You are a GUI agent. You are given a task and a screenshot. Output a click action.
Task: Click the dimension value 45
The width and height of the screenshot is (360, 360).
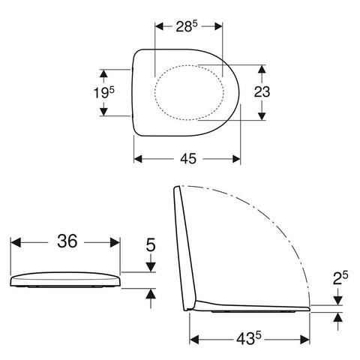point(188,158)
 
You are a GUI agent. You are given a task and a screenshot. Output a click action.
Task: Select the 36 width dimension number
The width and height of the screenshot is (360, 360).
point(67,241)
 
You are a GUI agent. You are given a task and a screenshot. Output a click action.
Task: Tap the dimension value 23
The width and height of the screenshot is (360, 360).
point(262,91)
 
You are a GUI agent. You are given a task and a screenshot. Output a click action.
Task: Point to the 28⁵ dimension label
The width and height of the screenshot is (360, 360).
point(187,26)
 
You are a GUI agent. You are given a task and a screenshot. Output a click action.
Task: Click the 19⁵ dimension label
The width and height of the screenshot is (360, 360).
point(103,92)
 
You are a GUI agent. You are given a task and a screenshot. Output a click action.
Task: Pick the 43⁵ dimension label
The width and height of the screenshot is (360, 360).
point(249,339)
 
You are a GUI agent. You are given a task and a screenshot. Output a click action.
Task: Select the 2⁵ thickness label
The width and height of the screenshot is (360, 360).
point(340,278)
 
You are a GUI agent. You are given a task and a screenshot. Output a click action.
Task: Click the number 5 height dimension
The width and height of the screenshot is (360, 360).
point(151,244)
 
